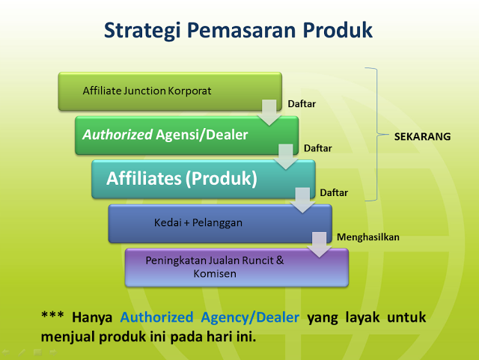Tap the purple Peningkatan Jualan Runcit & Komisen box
pyautogui.click(x=236, y=268)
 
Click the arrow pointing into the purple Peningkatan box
pyautogui.click(x=320, y=245)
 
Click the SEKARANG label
pyautogui.click(x=422, y=137)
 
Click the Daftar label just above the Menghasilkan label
pyautogui.click(x=334, y=193)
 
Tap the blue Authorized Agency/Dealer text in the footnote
pyautogui.click(x=210, y=317)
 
